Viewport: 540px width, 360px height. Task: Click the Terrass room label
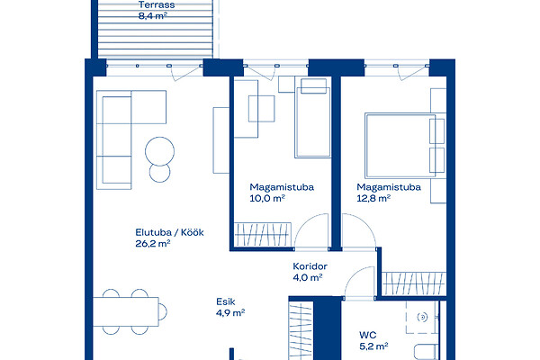point(157,4)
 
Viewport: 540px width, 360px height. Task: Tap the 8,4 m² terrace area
point(153,15)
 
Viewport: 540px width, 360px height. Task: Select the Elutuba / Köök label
point(169,232)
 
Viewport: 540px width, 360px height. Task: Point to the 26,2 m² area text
point(153,244)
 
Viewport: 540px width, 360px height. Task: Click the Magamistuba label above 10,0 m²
point(282,187)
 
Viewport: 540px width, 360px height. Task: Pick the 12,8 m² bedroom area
point(373,198)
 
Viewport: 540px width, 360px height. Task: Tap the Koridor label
point(310,266)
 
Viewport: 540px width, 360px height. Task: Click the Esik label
point(226,301)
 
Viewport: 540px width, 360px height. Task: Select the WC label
point(367,335)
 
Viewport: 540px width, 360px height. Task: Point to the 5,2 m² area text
point(373,346)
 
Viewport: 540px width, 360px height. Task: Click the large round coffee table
point(160,151)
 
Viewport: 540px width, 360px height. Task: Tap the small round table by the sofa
point(160,172)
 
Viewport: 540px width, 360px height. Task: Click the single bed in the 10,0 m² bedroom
point(312,118)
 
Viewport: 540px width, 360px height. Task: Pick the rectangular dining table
point(126,311)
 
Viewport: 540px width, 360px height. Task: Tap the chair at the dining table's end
point(163,311)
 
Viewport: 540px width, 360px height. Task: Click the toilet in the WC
point(426,352)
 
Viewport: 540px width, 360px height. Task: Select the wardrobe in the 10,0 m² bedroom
point(263,235)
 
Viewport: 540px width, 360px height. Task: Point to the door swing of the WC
point(358,282)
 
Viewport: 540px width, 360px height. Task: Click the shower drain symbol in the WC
point(422,317)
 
